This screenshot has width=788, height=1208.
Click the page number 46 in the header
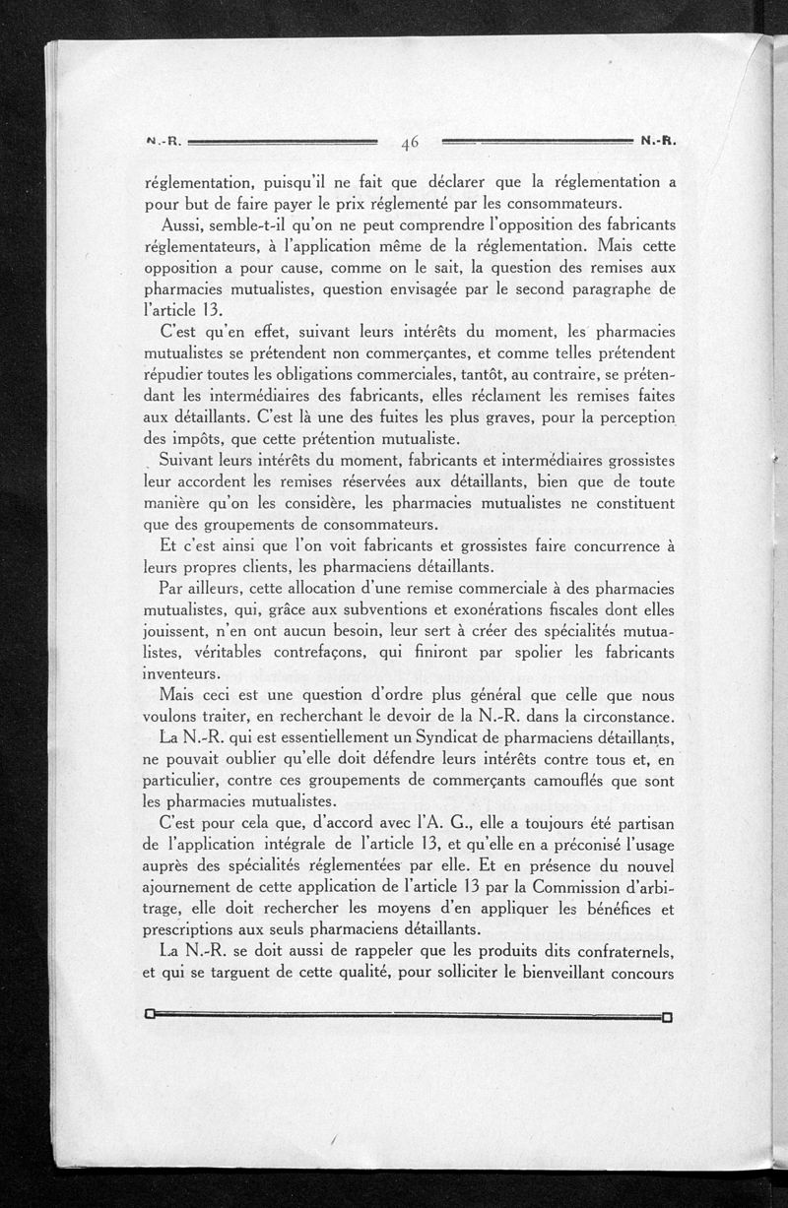[410, 142]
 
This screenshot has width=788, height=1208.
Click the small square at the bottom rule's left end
[150, 1016]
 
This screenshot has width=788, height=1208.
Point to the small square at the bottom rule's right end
[667, 1016]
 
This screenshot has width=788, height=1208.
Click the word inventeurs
[180, 673]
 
